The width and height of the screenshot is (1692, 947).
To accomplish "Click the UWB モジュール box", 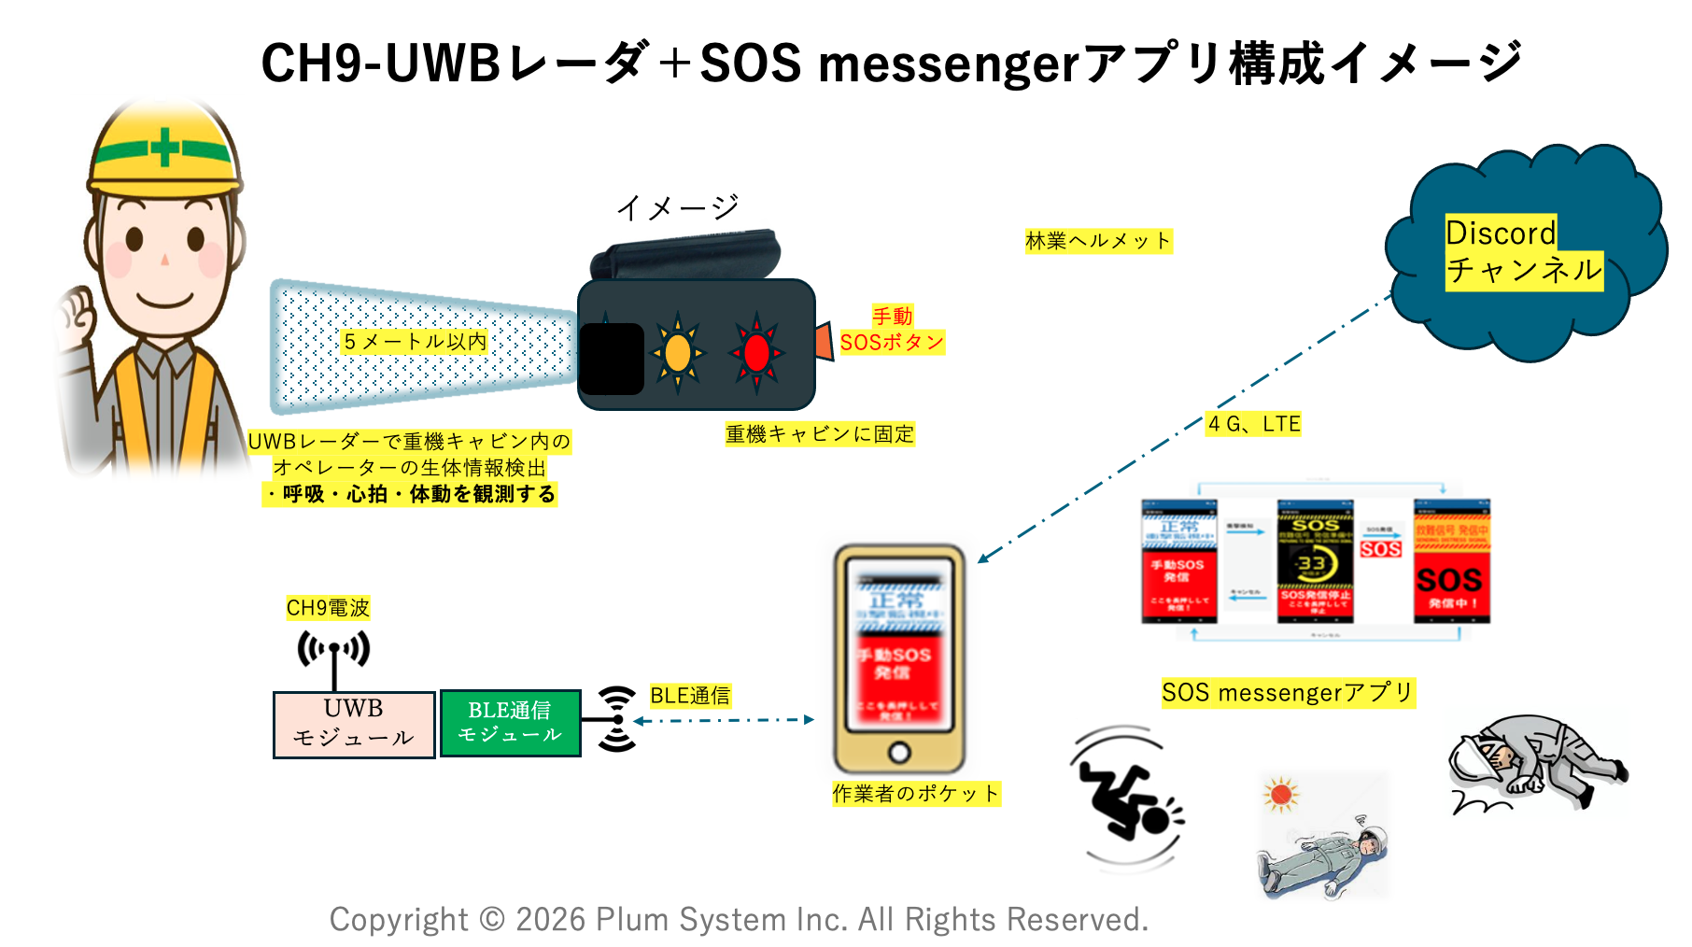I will click(354, 724).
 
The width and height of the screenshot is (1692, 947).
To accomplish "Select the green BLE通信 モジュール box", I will click(510, 723).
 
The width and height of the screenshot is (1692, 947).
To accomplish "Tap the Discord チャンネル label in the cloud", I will click(1522, 252).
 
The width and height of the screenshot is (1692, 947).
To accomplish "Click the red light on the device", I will click(756, 353).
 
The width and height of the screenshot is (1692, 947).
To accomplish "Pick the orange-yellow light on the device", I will click(678, 353).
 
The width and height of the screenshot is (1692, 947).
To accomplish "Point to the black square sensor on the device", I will click(612, 359).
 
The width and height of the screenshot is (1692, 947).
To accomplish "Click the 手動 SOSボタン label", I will click(892, 330).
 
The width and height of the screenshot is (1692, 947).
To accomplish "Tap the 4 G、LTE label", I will click(1253, 424).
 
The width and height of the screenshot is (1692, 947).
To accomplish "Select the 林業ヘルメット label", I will click(1097, 241).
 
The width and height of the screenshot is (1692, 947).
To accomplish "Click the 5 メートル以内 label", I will click(415, 342).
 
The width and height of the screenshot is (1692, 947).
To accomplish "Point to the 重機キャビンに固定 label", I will click(820, 434).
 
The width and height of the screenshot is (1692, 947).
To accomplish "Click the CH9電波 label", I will click(328, 608).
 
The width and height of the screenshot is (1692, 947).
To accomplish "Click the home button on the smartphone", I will click(899, 752).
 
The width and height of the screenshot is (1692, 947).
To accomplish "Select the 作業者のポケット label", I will click(915, 794).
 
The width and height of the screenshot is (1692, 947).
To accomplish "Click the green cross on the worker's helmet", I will click(164, 148).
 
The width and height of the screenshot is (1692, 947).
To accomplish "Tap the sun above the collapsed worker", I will click(1281, 795).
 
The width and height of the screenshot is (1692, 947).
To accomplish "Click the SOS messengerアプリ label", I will click(1287, 693).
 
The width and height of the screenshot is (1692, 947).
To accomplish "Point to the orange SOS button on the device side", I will click(824, 342).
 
